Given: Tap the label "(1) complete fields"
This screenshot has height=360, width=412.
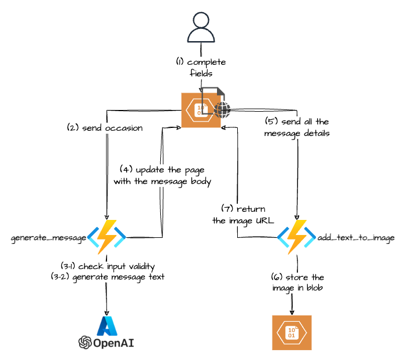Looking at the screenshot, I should [201, 68].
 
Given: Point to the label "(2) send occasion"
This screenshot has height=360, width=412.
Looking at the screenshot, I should [104, 128].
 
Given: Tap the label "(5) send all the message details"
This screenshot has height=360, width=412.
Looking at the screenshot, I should [296, 128].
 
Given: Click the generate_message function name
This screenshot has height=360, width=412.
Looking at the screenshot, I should [49, 238].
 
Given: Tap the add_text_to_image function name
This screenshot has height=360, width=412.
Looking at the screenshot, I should [353, 238].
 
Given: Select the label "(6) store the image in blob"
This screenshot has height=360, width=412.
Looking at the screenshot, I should [297, 282].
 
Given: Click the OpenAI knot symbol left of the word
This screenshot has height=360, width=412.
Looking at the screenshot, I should [86, 343].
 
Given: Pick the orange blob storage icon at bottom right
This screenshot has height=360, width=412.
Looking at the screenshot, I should [292, 333].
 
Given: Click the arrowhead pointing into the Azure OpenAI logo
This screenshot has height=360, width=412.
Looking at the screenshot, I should [107, 311].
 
